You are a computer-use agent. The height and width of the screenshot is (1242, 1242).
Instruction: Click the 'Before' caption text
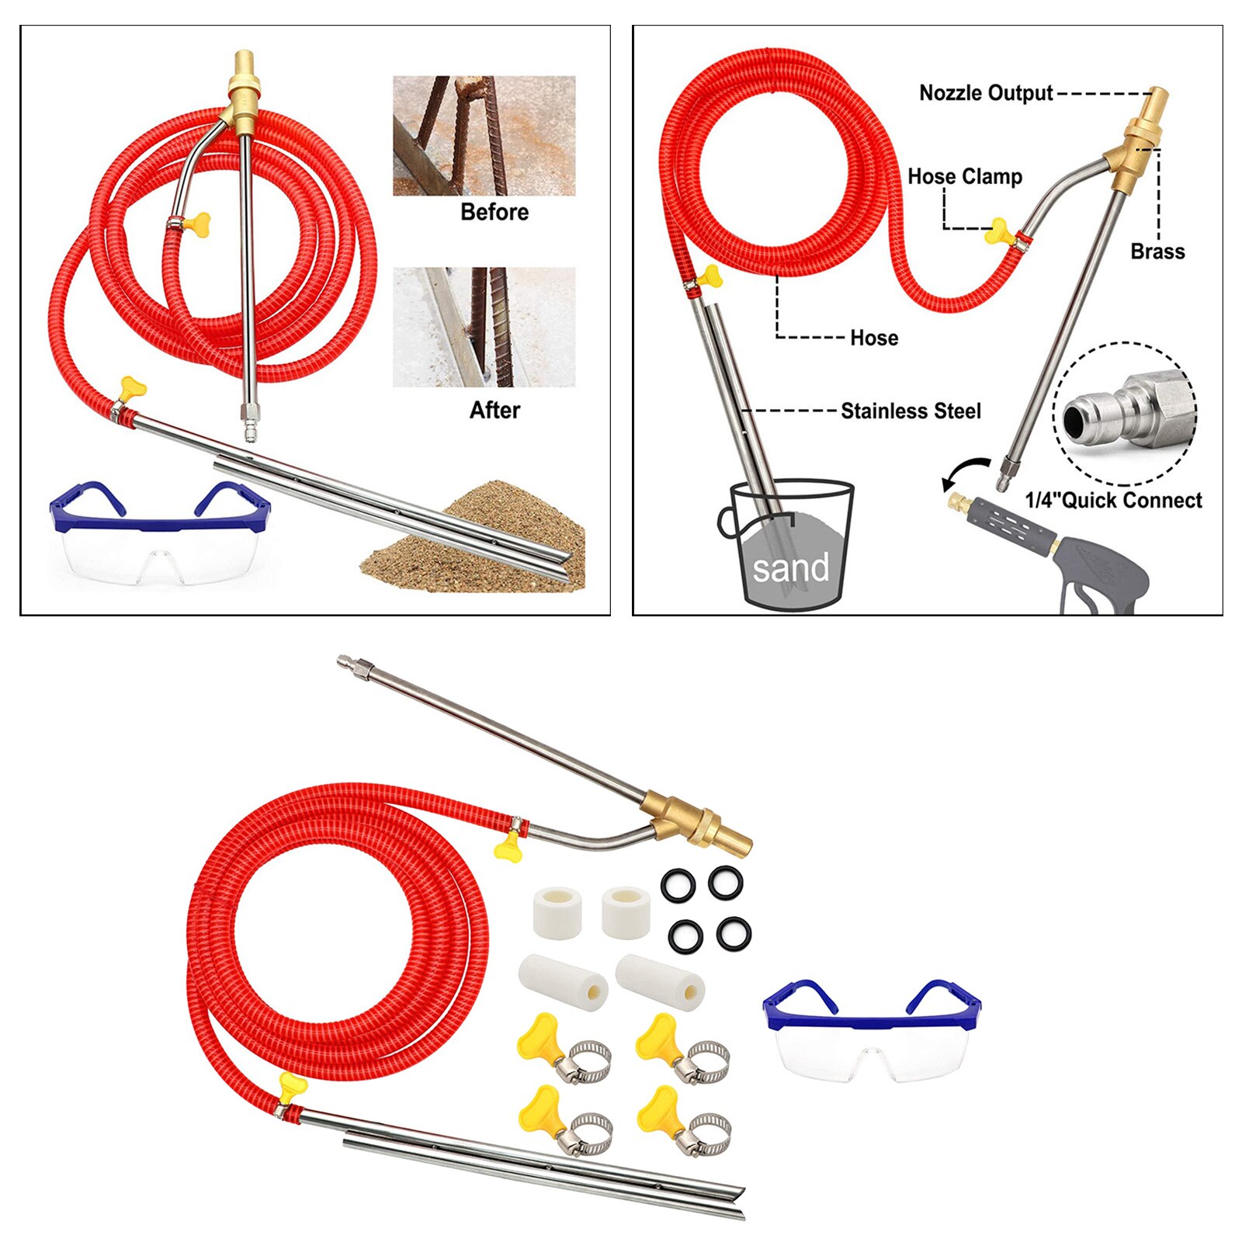click(494, 212)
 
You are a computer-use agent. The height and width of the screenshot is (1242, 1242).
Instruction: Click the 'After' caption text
click(494, 410)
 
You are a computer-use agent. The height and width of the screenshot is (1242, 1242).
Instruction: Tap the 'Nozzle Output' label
click(985, 93)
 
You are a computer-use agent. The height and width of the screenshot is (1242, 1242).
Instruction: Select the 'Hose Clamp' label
click(964, 177)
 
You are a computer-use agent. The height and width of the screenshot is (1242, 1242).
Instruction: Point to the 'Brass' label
click(1157, 252)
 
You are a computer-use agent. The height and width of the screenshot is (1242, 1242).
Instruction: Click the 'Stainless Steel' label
click(911, 411)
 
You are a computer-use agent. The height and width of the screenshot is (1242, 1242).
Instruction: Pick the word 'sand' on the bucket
click(790, 567)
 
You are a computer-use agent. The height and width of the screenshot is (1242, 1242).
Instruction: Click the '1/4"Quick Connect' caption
click(1113, 501)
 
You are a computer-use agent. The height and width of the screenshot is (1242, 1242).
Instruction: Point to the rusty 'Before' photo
click(484, 136)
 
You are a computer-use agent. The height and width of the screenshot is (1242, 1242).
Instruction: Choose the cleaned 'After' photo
click(484, 327)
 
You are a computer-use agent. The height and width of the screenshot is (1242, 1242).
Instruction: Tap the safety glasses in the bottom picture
click(872, 1028)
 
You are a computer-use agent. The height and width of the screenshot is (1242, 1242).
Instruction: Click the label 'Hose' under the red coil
click(874, 338)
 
